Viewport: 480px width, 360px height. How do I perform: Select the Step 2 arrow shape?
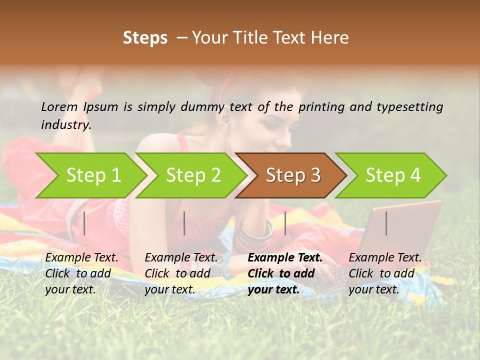(193, 175)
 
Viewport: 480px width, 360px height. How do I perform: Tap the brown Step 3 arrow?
(293, 175)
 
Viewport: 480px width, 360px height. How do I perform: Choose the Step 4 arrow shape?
(393, 175)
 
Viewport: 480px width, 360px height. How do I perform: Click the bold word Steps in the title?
(145, 38)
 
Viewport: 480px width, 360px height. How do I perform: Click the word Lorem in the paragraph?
(59, 106)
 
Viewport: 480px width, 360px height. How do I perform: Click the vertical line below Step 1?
(84, 223)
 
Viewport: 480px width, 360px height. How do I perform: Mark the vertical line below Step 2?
(184, 223)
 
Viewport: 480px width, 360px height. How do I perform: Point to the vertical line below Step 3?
(285, 223)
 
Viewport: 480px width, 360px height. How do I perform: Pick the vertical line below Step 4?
(386, 223)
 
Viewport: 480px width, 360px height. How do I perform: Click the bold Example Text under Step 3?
(285, 258)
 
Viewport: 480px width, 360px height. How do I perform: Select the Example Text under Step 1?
(81, 258)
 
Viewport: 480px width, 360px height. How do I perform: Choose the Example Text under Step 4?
(385, 258)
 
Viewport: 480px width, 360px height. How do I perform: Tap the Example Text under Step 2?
(181, 258)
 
